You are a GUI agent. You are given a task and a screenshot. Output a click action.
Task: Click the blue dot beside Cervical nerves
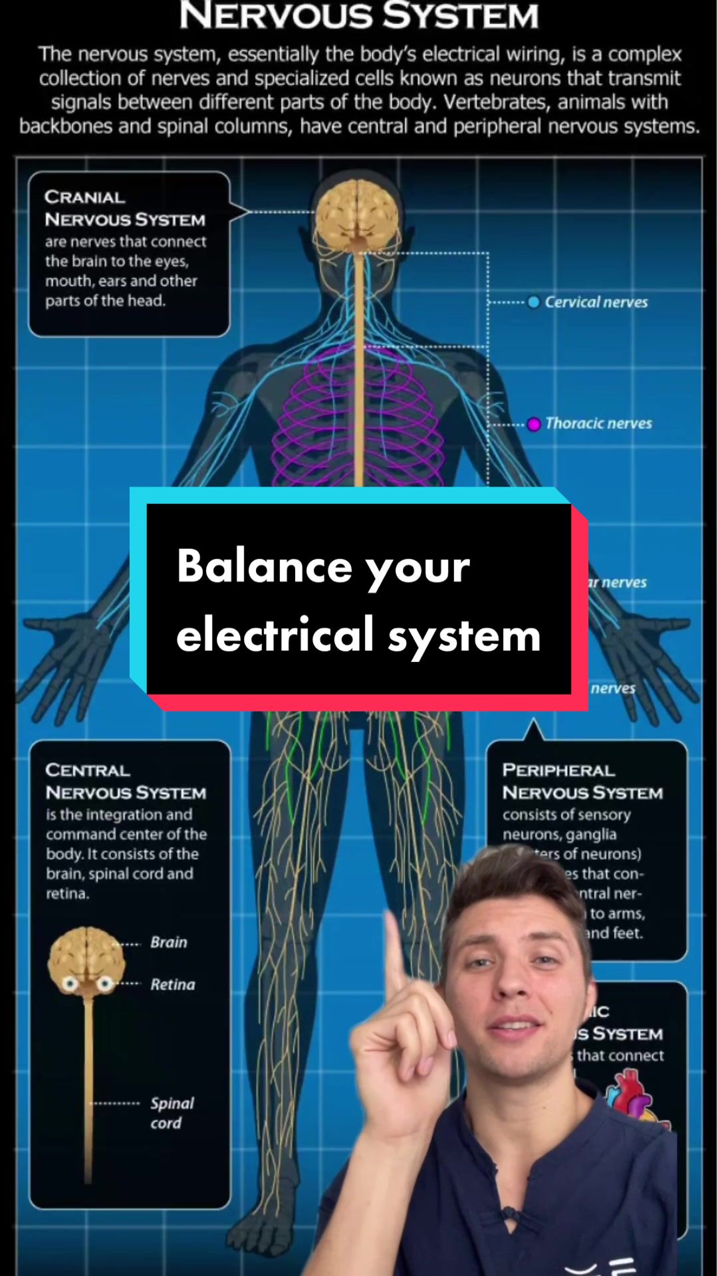coord(533,302)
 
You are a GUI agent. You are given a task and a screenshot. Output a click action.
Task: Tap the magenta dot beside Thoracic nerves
coord(534,424)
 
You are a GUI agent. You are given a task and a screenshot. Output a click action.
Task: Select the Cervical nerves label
coord(596,302)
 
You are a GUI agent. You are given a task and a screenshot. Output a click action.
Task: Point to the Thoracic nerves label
coord(598,423)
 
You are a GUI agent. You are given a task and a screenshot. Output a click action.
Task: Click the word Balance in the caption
coord(264,567)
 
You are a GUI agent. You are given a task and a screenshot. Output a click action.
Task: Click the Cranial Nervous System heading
coord(124,208)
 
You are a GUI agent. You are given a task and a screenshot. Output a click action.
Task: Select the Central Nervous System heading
coord(126,782)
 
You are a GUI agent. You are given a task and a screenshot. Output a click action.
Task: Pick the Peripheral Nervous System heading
coord(582,782)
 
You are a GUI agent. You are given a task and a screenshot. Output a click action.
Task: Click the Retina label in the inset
coord(173,984)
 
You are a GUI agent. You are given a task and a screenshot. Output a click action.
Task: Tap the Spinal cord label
coord(172,1113)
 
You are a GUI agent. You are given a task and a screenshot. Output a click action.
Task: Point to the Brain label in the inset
coord(169,942)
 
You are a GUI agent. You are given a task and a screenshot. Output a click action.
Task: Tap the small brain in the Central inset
coord(86,956)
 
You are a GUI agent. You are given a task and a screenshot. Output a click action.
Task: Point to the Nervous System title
coord(359,16)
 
